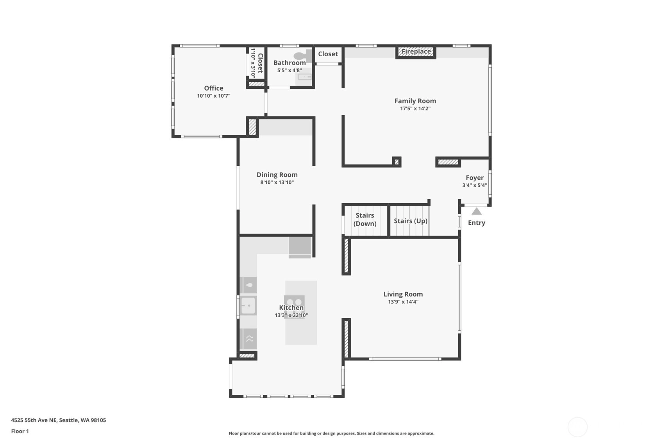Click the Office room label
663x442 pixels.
tap(213, 88)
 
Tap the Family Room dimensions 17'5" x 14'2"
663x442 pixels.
tap(415, 108)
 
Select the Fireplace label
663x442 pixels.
tap(416, 52)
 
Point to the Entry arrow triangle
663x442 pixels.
tap(476, 211)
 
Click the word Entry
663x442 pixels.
tap(476, 223)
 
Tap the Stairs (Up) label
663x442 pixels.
tap(410, 221)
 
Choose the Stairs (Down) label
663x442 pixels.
tap(365, 219)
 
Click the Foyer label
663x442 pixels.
tap(474, 178)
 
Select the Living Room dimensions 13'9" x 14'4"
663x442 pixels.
tap(403, 302)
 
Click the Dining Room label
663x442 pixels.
tap(277, 175)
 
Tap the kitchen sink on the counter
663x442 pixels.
tap(248, 305)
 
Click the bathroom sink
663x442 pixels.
tap(304, 77)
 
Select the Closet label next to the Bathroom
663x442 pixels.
tap(328, 54)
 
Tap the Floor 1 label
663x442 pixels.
tap(20, 431)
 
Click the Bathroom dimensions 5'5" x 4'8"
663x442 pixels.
tap(289, 70)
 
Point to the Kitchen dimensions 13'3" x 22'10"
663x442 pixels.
tap(291, 315)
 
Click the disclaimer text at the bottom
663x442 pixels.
tap(331, 433)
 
